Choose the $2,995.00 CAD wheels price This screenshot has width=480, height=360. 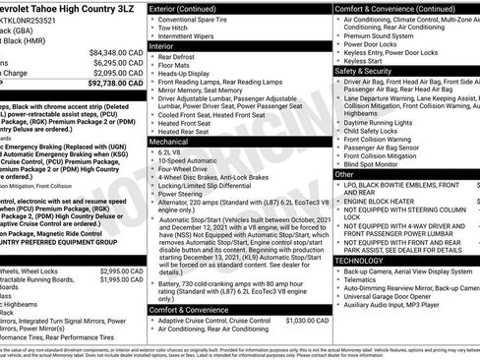pos(122,270)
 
